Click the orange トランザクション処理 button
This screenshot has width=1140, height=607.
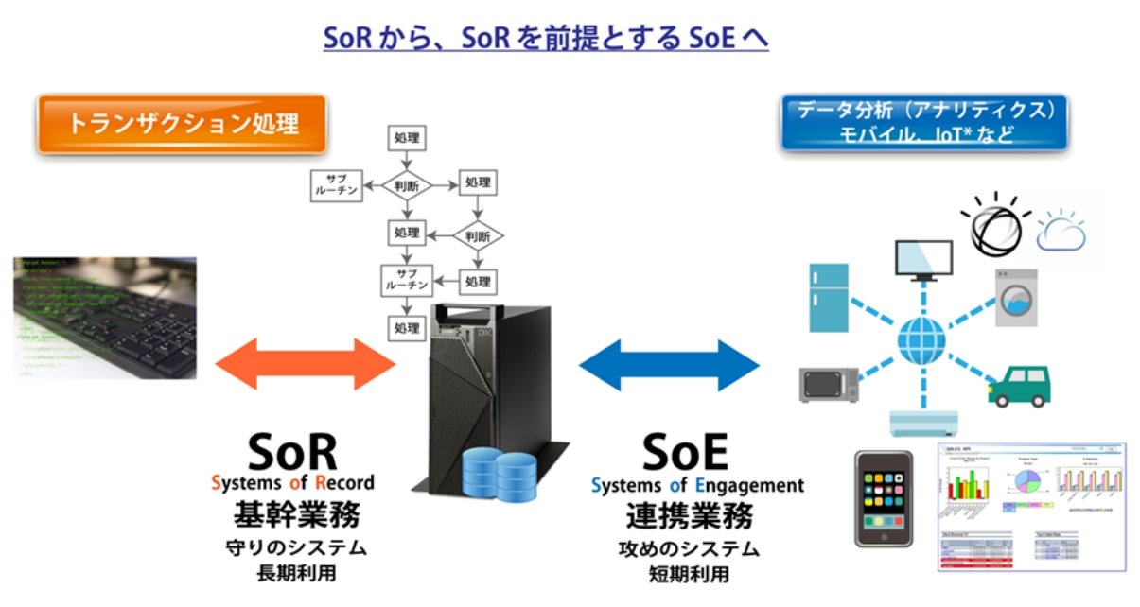coord(183,123)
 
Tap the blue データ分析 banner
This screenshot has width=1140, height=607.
coord(922,122)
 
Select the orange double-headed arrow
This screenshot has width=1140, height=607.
coord(305,363)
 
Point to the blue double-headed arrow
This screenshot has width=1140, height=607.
coord(669,364)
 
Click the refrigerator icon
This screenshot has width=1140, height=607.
coord(831,294)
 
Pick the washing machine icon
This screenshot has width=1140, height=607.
coord(1015,299)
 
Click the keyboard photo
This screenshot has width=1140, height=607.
coord(104,318)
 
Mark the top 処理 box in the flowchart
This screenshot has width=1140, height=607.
coord(406,138)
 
